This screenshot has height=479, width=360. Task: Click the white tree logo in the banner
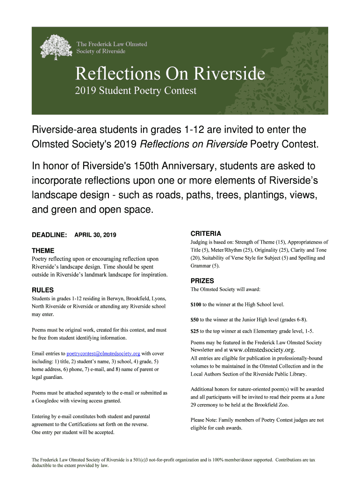pos(55,47)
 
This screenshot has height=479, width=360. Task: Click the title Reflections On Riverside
pos(170,73)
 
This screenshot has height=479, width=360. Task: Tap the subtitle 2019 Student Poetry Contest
pos(136,91)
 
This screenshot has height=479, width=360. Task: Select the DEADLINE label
pos(49,234)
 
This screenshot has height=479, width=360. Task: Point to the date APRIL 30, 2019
pos(95,234)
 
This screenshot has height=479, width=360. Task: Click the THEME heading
pos(43,250)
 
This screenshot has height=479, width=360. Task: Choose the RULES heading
pos(43,290)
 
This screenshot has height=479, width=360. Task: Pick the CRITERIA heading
pos(206,233)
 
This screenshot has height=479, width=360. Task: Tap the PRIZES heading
pos(202,281)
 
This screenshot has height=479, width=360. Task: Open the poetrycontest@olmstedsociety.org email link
pos(103,353)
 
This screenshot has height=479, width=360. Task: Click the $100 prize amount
pos(196,305)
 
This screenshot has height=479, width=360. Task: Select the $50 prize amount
pos(194,320)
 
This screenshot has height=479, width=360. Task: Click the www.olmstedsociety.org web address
pos(262,350)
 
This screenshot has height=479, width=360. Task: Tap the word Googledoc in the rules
pos(49,401)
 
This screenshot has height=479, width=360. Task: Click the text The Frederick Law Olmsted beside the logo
pos(112,44)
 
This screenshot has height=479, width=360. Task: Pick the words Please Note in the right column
pos(205,420)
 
